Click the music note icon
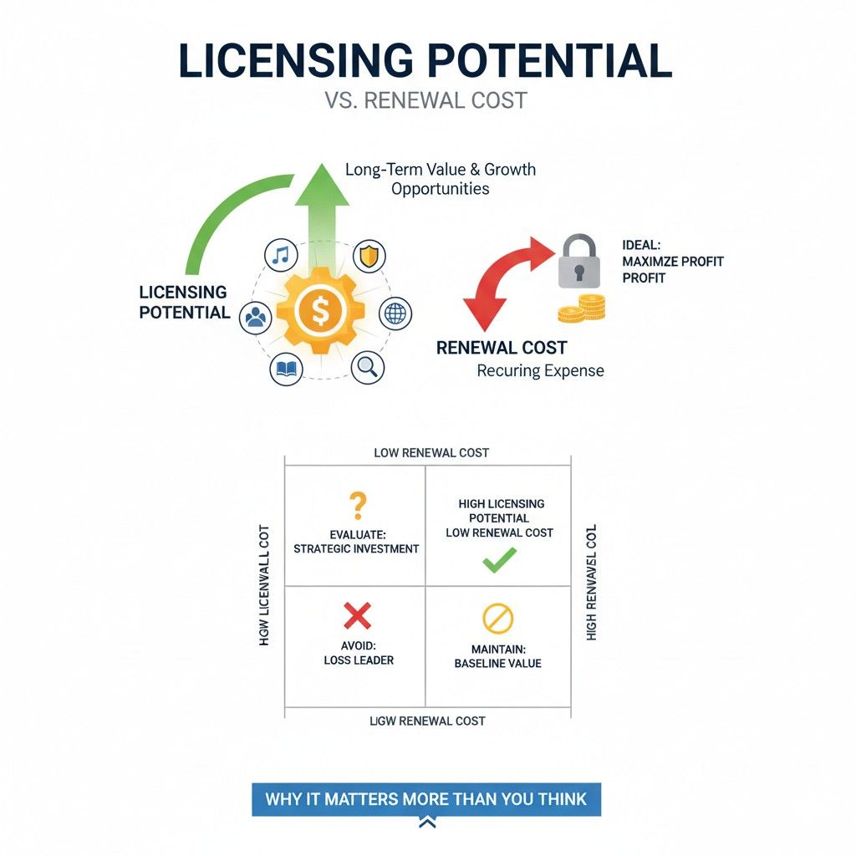pyautogui.click(x=281, y=255)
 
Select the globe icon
pyautogui.click(x=395, y=314)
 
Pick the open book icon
pyautogui.click(x=286, y=369)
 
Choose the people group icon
pyautogui.click(x=255, y=317)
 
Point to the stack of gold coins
pyautogui.click(x=582, y=308)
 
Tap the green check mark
pyautogui.click(x=499, y=561)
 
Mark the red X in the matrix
pyautogui.click(x=357, y=617)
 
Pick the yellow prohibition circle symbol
pyautogui.click(x=498, y=619)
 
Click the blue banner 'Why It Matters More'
pyautogui.click(x=426, y=799)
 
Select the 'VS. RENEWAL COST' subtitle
pyautogui.click(x=425, y=101)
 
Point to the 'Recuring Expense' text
pyautogui.click(x=540, y=370)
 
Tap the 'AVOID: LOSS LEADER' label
pyautogui.click(x=358, y=652)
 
